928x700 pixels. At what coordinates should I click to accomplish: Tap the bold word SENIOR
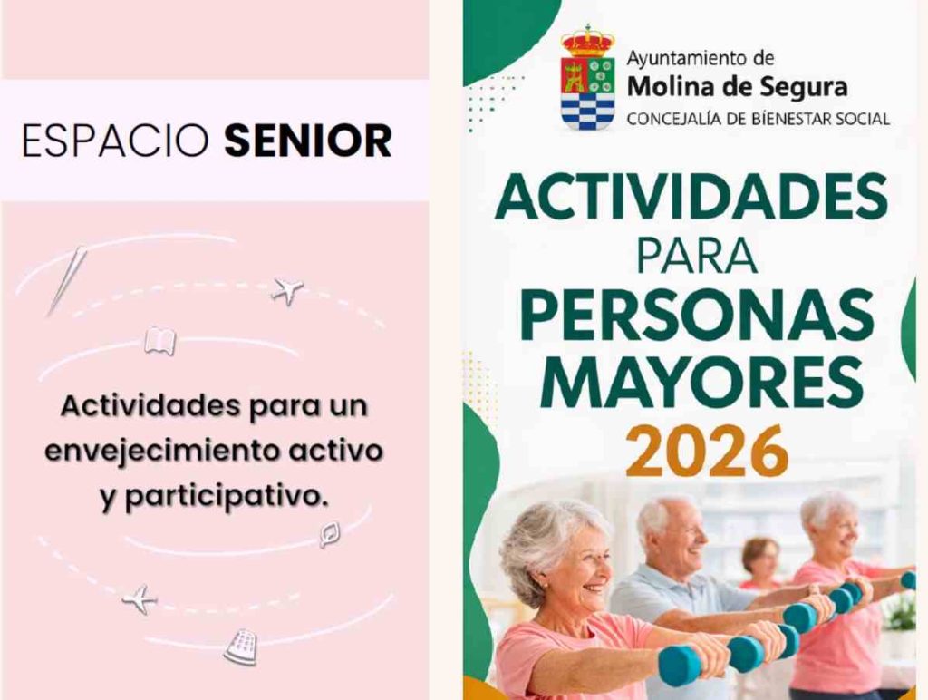308,141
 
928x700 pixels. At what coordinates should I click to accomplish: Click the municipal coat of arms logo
587,80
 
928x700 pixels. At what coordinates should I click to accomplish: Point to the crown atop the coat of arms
587,41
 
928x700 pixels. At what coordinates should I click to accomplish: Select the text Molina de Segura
737,88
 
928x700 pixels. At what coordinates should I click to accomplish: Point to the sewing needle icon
68,279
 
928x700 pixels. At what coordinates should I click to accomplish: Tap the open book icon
159,341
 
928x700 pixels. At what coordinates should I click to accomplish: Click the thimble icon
240,647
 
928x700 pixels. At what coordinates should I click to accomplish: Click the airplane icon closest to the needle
287,291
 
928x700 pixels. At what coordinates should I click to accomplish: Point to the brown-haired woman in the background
760,562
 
